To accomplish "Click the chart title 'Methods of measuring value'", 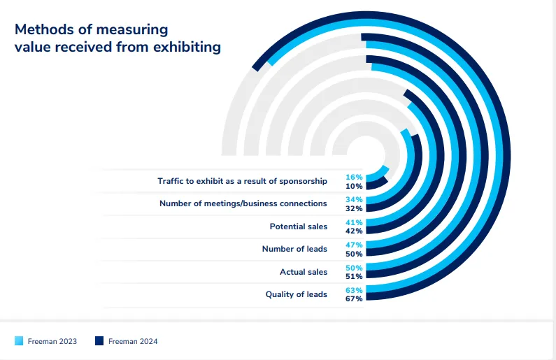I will coord(117,38).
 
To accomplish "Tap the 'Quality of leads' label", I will coord(296,294).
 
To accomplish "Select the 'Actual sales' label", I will coord(304,271).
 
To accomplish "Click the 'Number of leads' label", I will coord(294,249).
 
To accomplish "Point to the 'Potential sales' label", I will coord(298,226).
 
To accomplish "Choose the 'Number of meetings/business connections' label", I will coord(243,203).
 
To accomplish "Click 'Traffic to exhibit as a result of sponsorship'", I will coord(242,181).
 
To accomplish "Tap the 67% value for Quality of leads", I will coord(354,299).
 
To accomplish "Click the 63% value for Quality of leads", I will coord(354,290).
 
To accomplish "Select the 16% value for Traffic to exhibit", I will coord(354,178).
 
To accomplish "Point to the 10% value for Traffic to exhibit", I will coord(354,186).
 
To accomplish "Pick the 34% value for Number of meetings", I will coord(354,200).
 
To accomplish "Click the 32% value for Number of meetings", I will coord(354,208).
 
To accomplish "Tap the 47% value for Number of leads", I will coord(354,245).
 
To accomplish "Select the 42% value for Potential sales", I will coord(354,231).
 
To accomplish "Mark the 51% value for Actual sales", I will coord(354,276).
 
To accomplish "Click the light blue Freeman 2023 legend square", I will coord(19,340).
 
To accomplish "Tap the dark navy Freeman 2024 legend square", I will coord(99,340).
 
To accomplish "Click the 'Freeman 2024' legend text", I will coord(133,341).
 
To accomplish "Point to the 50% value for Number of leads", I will coord(354,254).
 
